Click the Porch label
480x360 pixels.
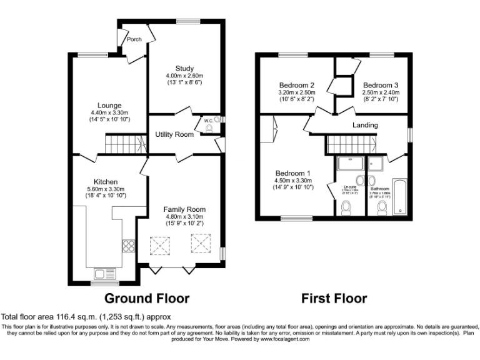[x=134, y=39]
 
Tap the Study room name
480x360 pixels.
[x=184, y=68]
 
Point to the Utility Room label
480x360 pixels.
[x=174, y=134]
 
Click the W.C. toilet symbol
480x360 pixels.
[x=209, y=129]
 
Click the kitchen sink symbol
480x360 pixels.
[x=102, y=272]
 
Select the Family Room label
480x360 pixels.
[x=184, y=209]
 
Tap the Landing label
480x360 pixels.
[x=365, y=125]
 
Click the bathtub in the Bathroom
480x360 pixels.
[x=399, y=198]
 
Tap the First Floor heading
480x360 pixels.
[x=334, y=298]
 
